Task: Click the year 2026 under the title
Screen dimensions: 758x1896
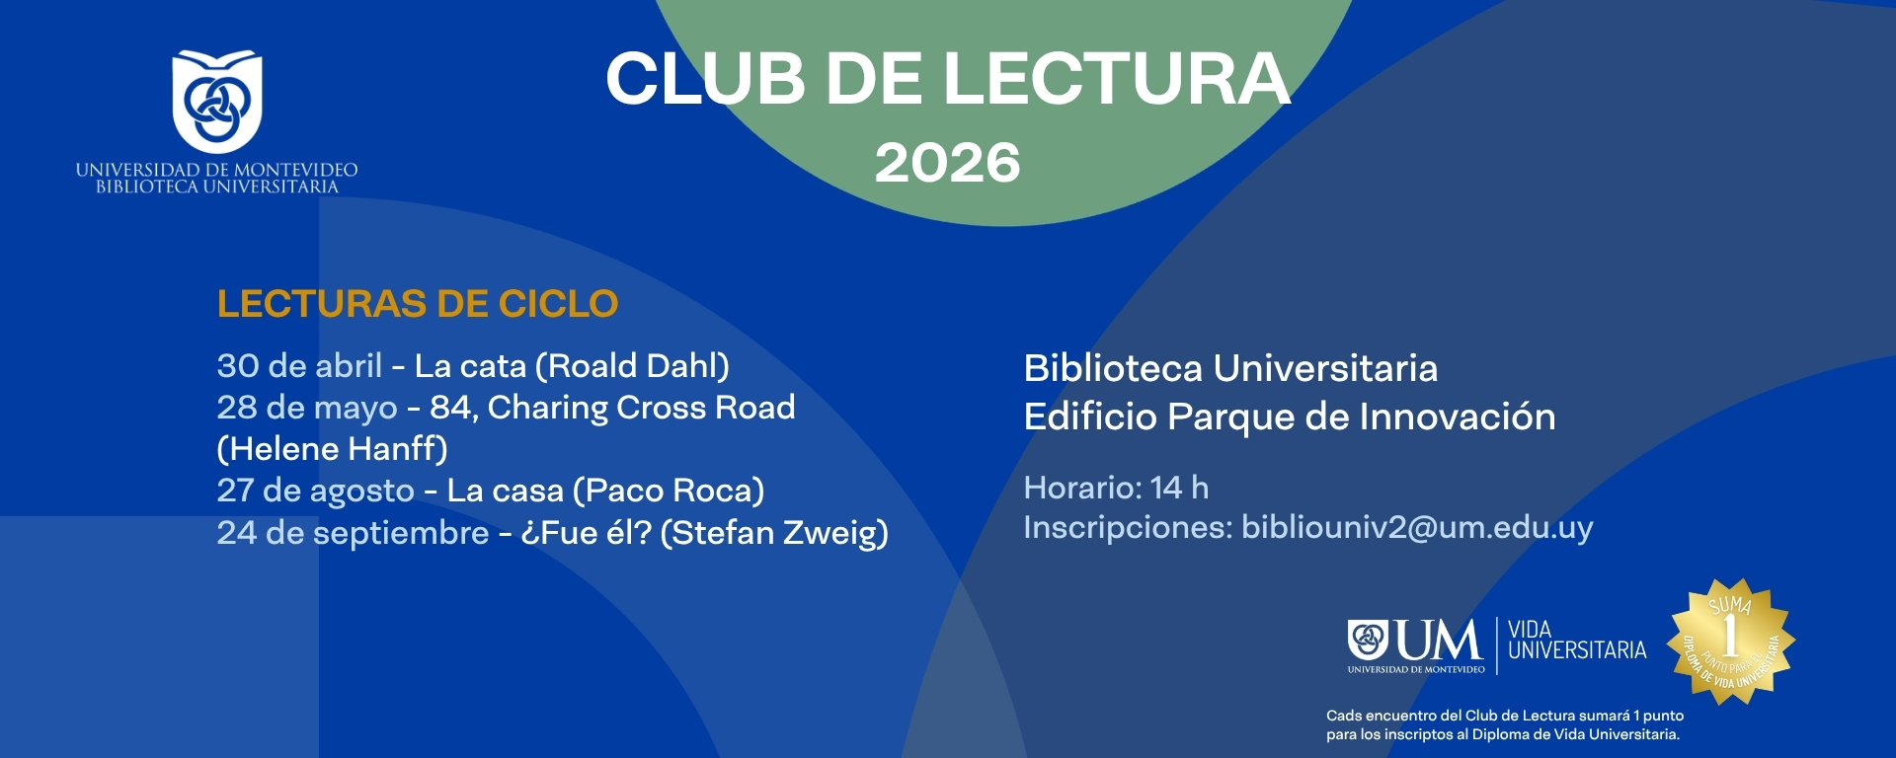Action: tap(947, 163)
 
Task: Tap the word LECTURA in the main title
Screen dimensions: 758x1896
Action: tap(1117, 79)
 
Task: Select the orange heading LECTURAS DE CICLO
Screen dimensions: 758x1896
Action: tap(418, 304)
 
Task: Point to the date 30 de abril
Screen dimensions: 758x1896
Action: tap(299, 366)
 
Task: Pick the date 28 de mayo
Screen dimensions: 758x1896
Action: tap(307, 408)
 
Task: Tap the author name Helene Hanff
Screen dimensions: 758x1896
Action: tap(332, 449)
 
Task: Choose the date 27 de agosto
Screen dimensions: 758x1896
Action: tap(316, 491)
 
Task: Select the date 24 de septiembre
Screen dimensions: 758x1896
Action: tap(353, 533)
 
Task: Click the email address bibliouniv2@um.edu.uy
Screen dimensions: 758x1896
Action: tap(1417, 527)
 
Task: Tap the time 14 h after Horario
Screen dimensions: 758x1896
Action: tap(1179, 488)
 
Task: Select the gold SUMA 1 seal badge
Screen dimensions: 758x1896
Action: tap(1732, 642)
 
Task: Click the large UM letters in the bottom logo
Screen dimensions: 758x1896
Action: tap(1440, 642)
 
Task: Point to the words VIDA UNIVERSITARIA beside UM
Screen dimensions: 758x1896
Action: tap(1577, 641)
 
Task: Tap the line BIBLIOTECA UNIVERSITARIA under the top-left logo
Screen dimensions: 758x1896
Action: tap(217, 187)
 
